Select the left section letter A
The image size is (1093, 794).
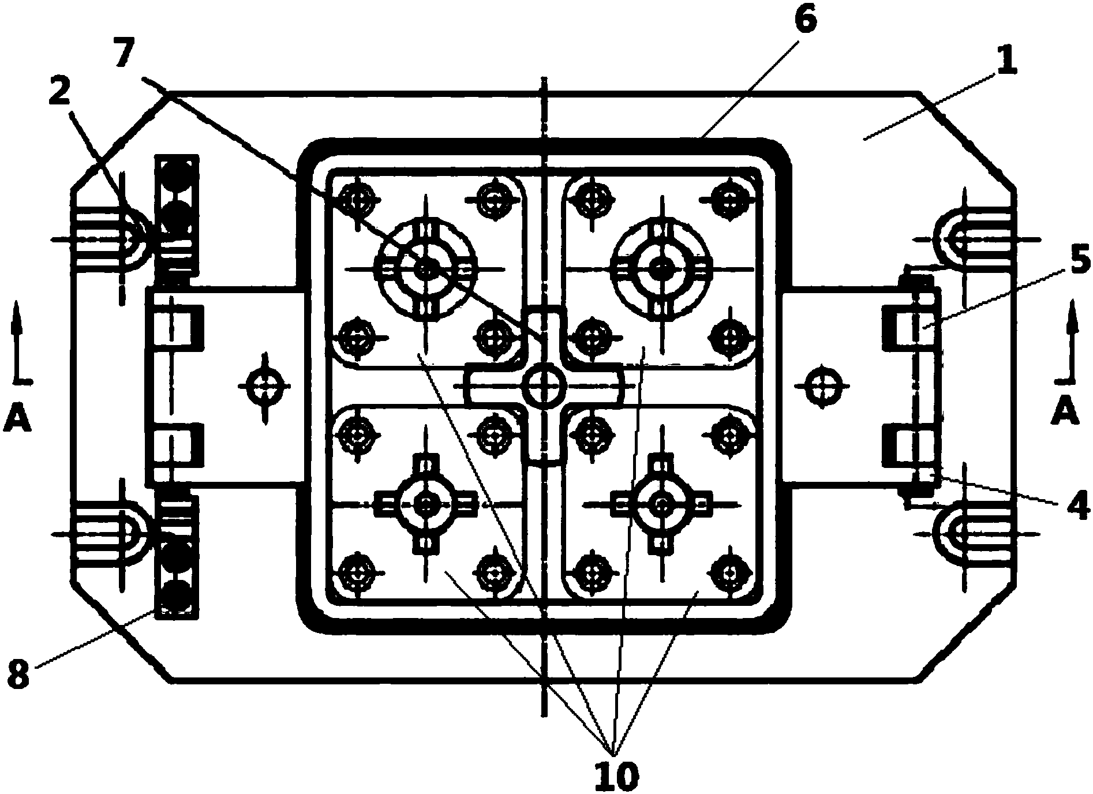point(16,419)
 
